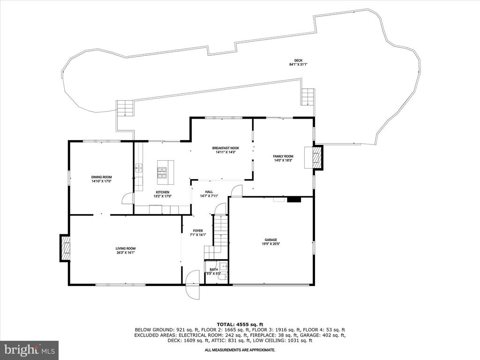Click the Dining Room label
tap(101, 177)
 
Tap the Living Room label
tap(126, 248)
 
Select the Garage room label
tap(271, 240)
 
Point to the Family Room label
tap(283, 156)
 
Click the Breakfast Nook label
tap(225, 148)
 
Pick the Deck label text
tap(298, 60)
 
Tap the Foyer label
tap(198, 231)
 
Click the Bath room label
tap(214, 270)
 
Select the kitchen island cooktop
tap(162, 172)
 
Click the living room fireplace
tap(65, 248)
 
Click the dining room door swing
tap(127, 198)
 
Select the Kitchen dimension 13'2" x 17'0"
tap(163, 196)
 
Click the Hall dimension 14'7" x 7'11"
tap(209, 196)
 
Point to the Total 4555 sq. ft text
tap(240, 324)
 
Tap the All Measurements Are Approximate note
tap(240, 350)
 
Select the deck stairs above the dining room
tap(125, 108)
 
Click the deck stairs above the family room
tap(307, 97)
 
